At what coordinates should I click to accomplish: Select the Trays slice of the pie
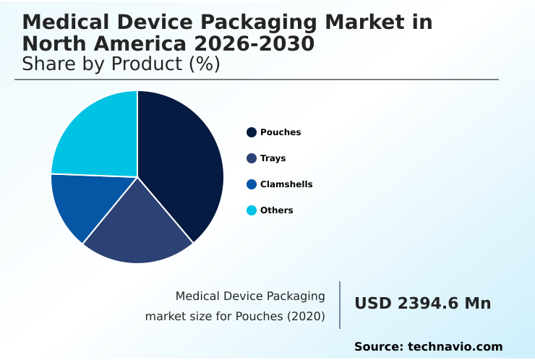tap(137, 228)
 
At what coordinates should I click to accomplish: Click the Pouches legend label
tap(281, 132)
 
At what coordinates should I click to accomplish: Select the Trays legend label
tap(273, 158)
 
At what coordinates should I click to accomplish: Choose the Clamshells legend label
tap(286, 184)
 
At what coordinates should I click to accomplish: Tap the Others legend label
tap(276, 210)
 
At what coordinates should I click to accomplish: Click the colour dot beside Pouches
tap(252, 132)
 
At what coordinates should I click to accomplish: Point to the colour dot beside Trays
tap(252, 158)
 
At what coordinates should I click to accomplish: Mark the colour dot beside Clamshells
tap(252, 184)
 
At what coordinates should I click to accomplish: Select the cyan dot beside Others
tap(252, 210)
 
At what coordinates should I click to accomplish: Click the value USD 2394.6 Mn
tap(422, 304)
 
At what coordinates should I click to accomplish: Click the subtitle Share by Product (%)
tap(121, 64)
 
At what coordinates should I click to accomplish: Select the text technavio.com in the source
tap(455, 347)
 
